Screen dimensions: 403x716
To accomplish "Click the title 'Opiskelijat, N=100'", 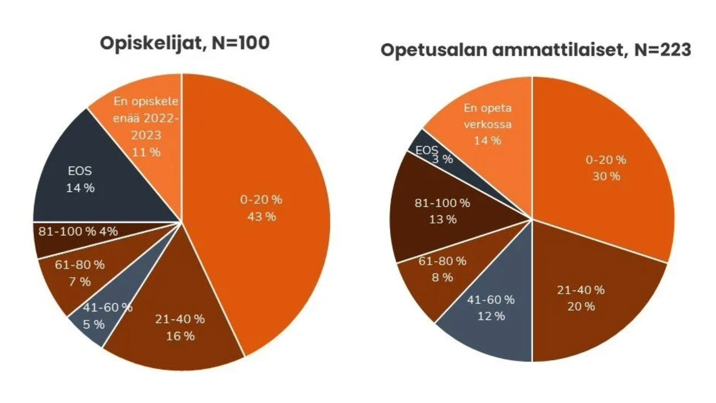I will pos(184,43).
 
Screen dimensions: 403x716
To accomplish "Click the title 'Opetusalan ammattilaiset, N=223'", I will pos(535,50).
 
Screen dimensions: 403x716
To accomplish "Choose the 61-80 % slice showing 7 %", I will pos(79,275).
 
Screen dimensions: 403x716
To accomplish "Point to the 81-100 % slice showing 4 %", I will pos(79,236).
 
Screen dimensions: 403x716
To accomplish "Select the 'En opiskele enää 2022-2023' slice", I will pos(146,127).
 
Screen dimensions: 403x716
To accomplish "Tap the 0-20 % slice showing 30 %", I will pos(606,167).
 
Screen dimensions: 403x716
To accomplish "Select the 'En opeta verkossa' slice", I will pos(487,124).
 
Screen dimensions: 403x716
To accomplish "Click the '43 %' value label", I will pos(262,217).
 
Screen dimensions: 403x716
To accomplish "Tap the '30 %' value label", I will pos(606,176).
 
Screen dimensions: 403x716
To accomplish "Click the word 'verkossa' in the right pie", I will pos(487,124).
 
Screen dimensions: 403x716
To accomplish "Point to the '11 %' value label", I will pos(146,152).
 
